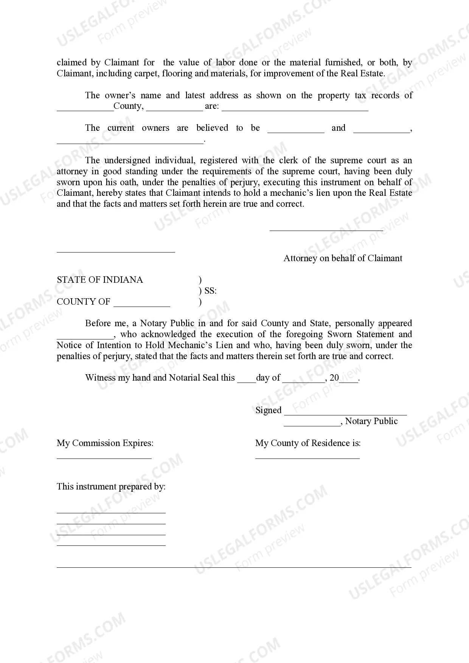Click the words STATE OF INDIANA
tap(100, 280)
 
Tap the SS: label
tap(210, 291)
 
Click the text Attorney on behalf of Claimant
tap(343, 259)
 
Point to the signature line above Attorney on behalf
tap(326, 229)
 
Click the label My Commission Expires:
tap(105, 443)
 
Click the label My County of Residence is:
tap(308, 443)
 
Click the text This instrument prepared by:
tap(111, 487)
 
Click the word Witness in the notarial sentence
tap(100, 378)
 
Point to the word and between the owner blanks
tap(339, 128)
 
